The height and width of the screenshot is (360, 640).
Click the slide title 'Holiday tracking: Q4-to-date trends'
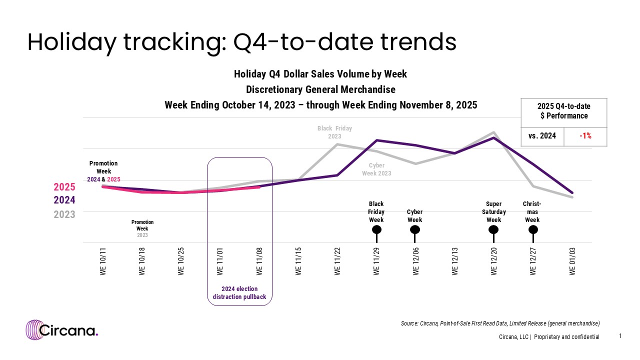click(241, 42)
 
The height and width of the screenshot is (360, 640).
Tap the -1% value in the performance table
click(585, 136)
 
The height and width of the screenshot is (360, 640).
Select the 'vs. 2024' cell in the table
click(542, 136)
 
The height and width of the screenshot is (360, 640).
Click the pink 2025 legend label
click(64, 187)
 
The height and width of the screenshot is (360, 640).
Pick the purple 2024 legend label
click(64, 200)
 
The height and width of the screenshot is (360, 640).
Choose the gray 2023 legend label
click(64, 214)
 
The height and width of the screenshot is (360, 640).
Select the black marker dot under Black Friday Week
click(377, 229)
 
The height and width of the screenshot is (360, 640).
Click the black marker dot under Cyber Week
click(415, 229)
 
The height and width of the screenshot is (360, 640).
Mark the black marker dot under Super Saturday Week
click(493, 229)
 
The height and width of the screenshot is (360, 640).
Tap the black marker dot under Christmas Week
click(533, 229)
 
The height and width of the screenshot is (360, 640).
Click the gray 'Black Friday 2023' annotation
click(334, 132)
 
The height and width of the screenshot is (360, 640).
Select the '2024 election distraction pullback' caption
click(239, 292)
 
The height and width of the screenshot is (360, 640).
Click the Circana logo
click(62, 330)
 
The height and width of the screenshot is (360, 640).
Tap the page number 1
click(620, 336)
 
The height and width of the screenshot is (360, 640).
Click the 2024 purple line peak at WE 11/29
click(377, 140)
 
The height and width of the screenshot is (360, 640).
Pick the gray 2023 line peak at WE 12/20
click(494, 132)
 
